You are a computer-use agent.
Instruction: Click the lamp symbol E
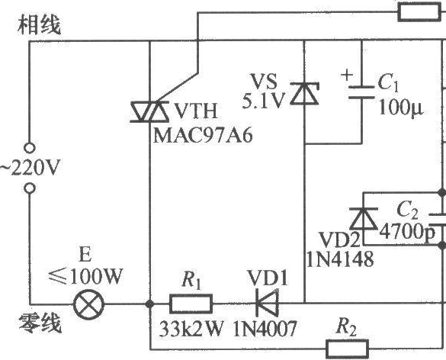click(x=88, y=304)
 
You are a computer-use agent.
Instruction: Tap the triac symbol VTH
click(x=149, y=112)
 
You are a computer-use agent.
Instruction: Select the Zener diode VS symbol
click(x=304, y=93)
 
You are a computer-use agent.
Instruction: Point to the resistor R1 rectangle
click(x=191, y=304)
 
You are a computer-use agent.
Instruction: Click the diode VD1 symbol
click(x=268, y=304)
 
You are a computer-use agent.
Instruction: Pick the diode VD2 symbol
click(x=363, y=219)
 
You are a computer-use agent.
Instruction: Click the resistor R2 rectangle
click(x=348, y=349)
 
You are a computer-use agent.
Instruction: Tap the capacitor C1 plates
click(x=361, y=92)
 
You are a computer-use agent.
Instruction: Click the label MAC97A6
click(x=203, y=135)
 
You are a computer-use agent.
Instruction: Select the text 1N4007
click(x=265, y=329)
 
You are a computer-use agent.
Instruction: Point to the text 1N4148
click(x=340, y=259)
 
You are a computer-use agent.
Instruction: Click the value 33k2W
click(x=191, y=329)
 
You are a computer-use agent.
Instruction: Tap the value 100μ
click(x=401, y=108)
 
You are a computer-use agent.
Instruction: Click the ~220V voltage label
click(x=30, y=168)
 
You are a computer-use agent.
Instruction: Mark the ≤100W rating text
click(x=85, y=276)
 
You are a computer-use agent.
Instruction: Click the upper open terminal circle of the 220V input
click(x=30, y=148)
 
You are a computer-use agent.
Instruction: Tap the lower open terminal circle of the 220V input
click(x=30, y=188)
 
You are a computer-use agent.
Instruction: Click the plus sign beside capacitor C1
click(x=347, y=75)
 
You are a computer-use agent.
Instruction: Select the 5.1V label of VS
click(x=263, y=101)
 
